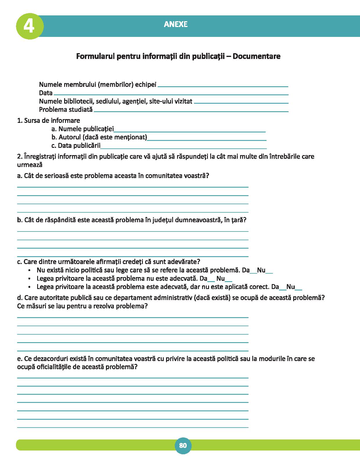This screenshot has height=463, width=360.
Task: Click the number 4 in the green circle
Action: (x=29, y=26)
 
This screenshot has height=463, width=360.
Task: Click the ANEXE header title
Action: (x=176, y=24)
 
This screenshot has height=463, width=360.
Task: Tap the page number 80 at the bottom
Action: (x=183, y=445)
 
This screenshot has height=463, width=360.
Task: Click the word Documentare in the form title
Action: (x=256, y=56)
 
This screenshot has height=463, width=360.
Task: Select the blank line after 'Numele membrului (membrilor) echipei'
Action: (x=223, y=86)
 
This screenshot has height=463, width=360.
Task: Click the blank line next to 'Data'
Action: (x=171, y=94)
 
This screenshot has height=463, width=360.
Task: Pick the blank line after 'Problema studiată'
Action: (x=191, y=111)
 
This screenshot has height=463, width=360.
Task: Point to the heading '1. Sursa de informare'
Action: (x=48, y=121)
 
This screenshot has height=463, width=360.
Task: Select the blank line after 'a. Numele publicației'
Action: (x=190, y=132)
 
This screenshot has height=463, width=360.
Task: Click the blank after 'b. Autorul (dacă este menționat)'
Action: (x=207, y=140)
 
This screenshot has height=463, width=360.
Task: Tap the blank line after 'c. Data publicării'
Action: (x=183, y=148)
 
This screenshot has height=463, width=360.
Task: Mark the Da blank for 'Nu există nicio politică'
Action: (x=253, y=273)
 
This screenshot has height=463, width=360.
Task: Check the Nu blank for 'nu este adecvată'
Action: (x=228, y=281)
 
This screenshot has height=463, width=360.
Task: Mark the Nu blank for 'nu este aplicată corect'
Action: (x=299, y=290)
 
